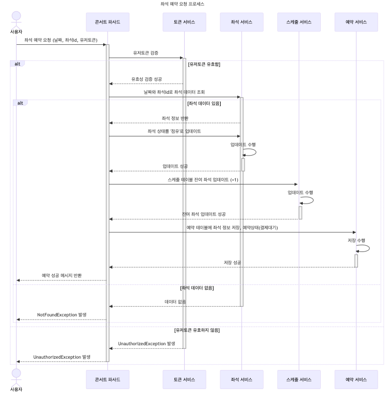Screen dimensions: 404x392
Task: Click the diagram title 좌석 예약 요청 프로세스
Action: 182,4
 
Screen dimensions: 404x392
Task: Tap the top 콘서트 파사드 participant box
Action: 108,22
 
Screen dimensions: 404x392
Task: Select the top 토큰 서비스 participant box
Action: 184,22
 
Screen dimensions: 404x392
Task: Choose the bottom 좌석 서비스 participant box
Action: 241,379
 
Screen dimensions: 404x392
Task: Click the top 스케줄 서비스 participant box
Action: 299,22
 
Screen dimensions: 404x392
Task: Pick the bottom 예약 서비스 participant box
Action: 356,379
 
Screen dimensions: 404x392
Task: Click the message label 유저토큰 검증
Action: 146,53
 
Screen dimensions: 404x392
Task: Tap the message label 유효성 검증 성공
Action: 146,79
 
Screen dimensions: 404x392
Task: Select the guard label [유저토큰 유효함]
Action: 204,64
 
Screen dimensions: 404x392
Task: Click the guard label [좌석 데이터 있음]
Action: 204,103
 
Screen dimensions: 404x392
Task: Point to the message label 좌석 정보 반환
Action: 175,118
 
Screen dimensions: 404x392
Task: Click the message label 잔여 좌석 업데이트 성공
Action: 204,214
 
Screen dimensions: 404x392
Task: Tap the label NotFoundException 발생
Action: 62,314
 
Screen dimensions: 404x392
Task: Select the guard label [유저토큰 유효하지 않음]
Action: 197,330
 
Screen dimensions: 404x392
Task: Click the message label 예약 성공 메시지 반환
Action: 62,275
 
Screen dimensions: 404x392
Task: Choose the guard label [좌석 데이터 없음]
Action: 197,288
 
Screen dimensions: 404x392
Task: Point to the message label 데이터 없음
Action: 175,301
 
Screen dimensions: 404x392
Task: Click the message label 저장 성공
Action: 232,262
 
